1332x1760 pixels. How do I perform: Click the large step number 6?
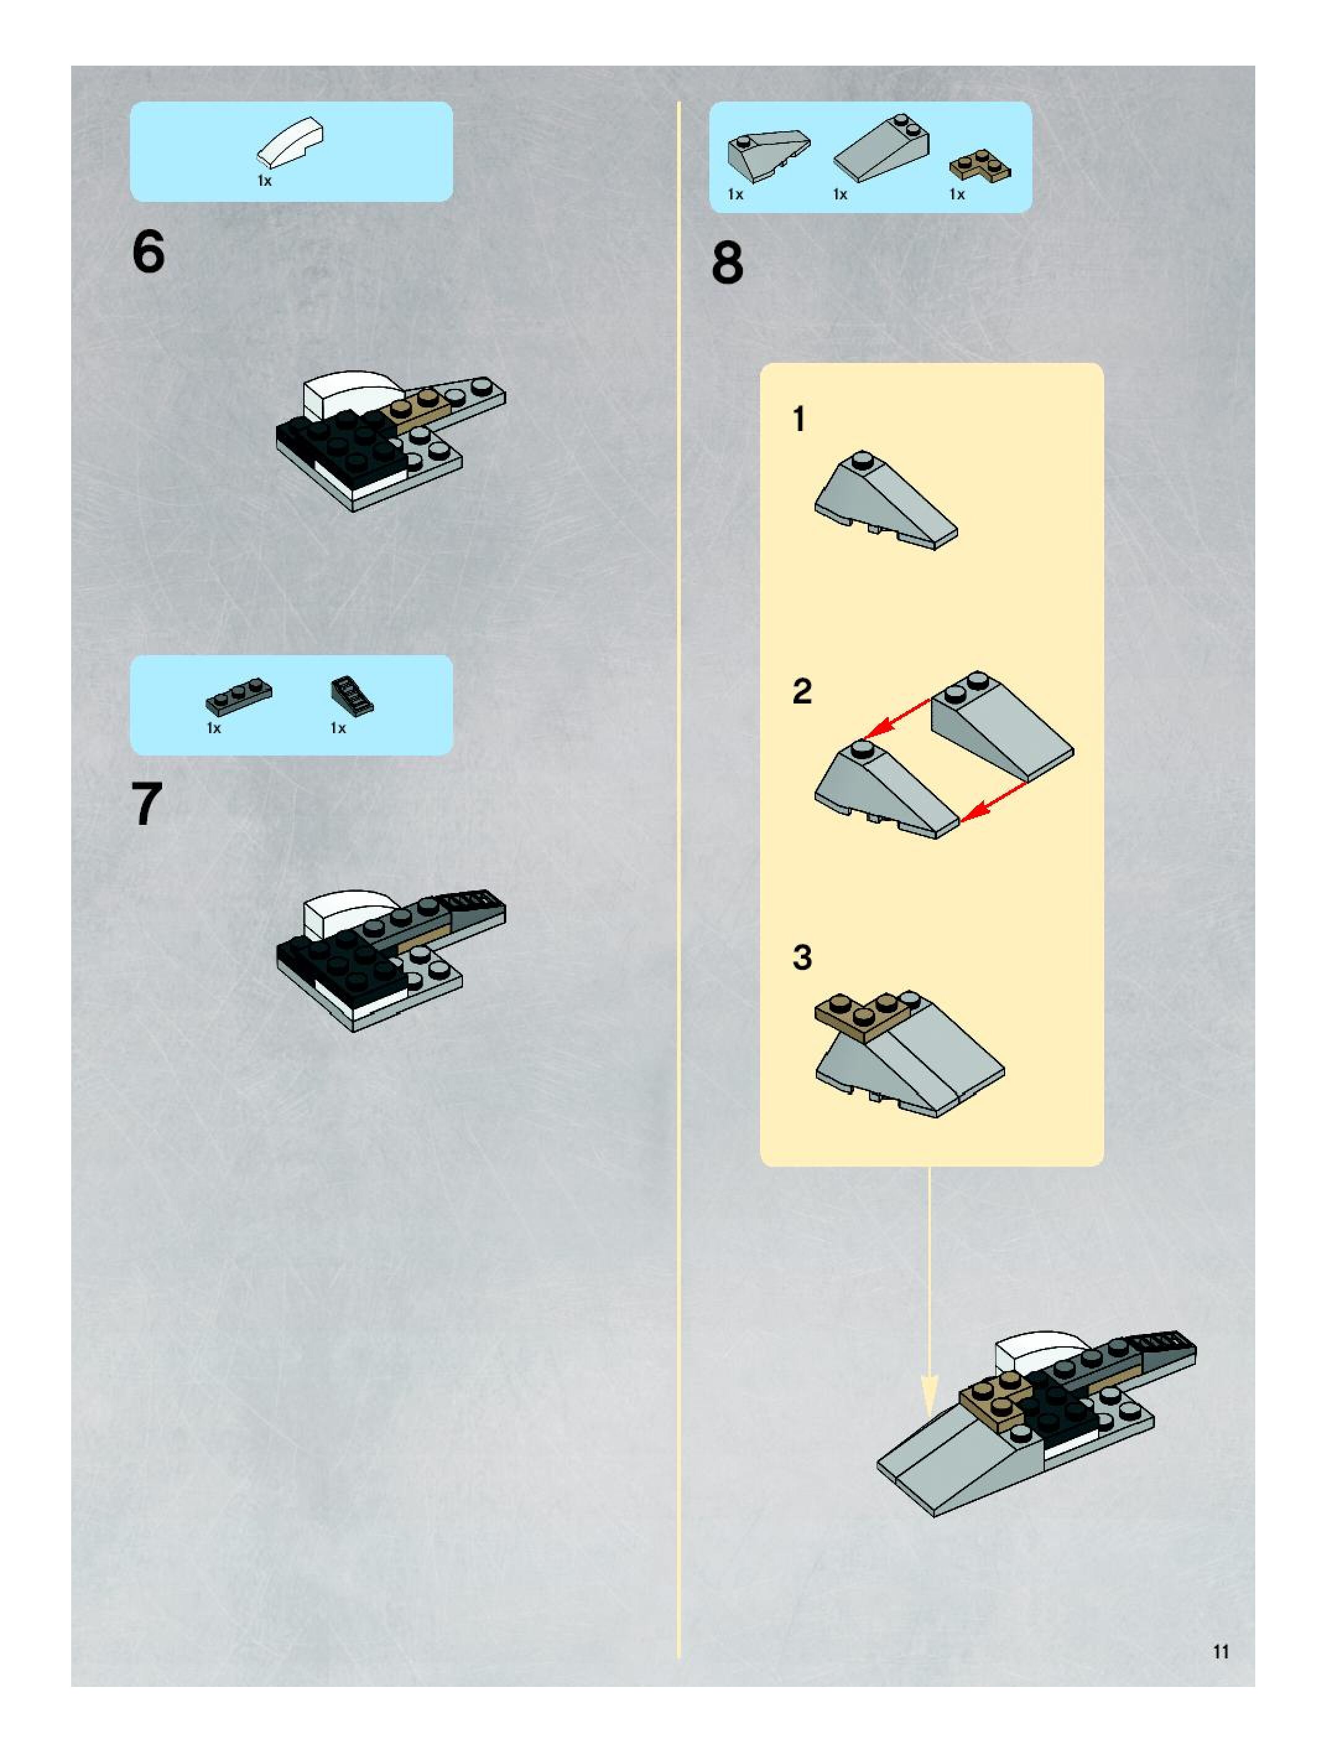pyautogui.click(x=148, y=251)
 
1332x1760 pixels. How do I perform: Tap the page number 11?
pyautogui.click(x=1221, y=1651)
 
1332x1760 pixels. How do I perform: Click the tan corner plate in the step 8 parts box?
pyautogui.click(x=980, y=165)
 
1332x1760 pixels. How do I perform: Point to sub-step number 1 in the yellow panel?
pyautogui.click(x=799, y=419)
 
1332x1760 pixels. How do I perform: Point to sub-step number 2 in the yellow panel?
pyautogui.click(x=802, y=691)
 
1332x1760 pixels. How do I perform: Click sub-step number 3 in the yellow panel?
pyautogui.click(x=802, y=957)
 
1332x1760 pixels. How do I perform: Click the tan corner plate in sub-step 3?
pyautogui.click(x=860, y=1016)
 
